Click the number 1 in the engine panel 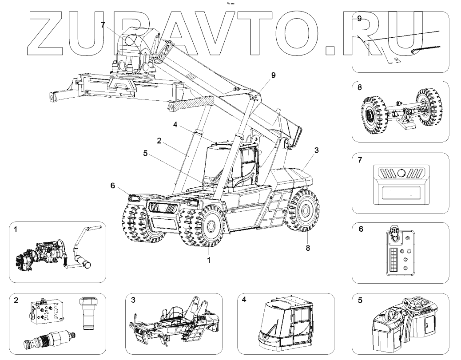point(16,230)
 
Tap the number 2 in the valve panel point(16,301)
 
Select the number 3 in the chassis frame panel point(133,301)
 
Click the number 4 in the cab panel point(244,301)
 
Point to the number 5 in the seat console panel point(360,301)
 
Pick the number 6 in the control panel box point(361,229)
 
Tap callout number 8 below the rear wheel point(307,249)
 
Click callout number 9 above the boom point(273,75)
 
